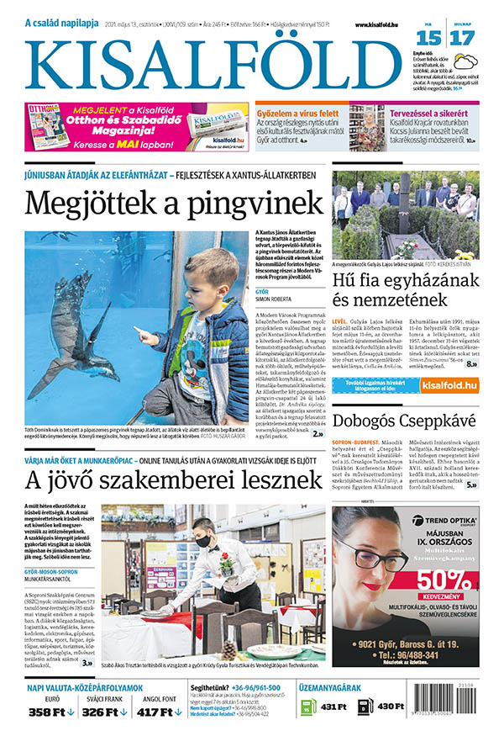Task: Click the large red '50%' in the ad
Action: (444, 580)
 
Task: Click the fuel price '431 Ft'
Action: (333, 707)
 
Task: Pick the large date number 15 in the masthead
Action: (428, 38)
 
